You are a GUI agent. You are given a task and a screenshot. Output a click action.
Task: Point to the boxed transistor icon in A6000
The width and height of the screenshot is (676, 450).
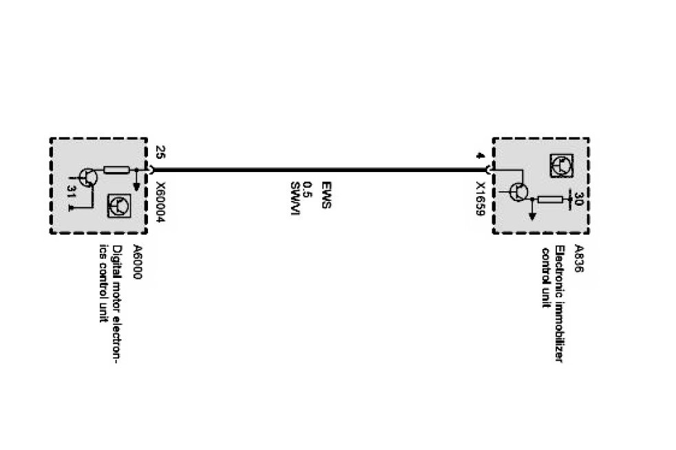[x=120, y=206]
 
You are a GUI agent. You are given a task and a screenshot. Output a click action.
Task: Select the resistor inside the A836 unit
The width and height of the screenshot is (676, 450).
[x=551, y=200]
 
